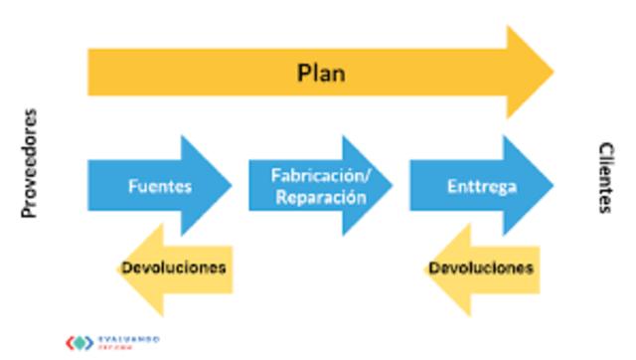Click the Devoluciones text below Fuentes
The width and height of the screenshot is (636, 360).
point(174,268)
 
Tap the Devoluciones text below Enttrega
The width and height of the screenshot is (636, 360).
point(481,268)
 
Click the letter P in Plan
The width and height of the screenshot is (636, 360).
point(303,73)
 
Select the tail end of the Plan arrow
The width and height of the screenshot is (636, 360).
point(95,72)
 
